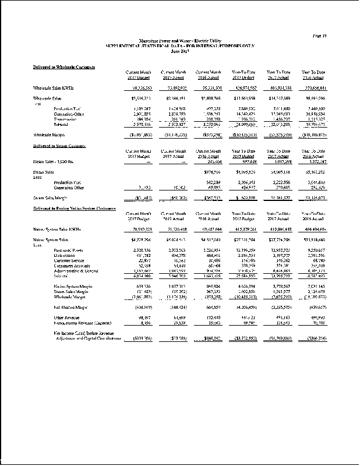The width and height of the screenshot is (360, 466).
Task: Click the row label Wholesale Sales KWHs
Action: [x=56, y=87]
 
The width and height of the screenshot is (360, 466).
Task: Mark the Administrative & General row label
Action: [x=76, y=271]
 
